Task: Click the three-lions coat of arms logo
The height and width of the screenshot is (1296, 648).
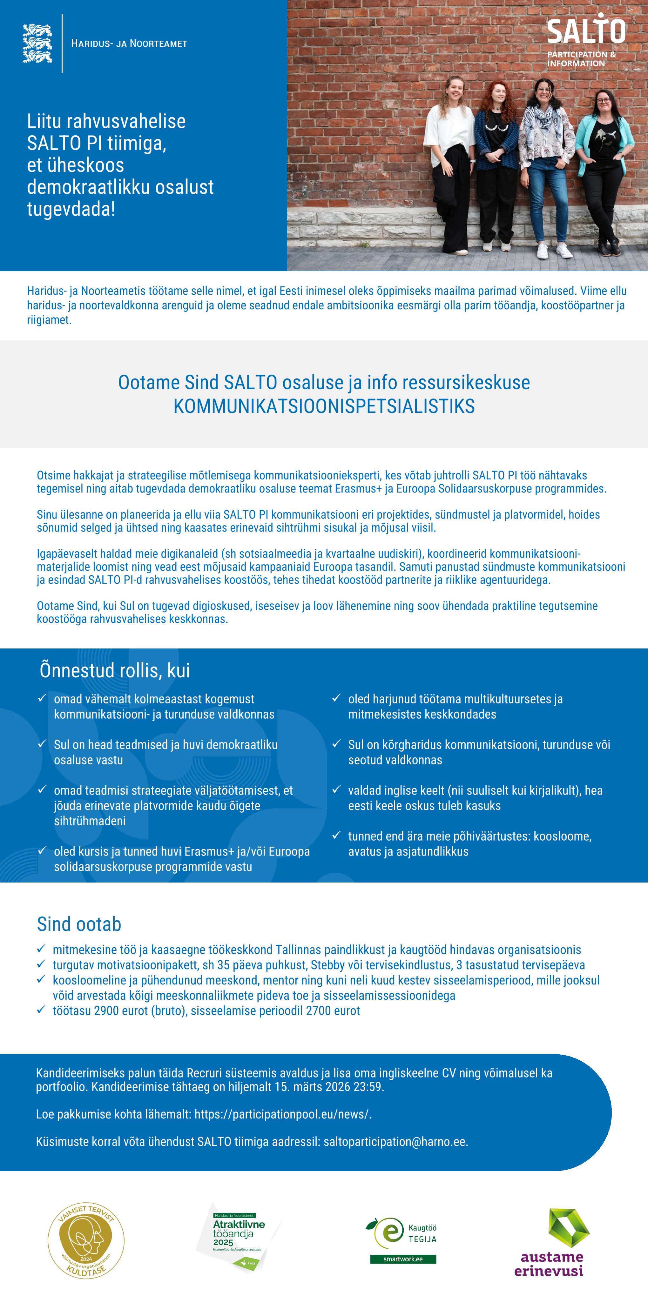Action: [37, 43]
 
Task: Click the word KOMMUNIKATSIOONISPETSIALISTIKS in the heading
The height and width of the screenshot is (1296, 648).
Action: [324, 406]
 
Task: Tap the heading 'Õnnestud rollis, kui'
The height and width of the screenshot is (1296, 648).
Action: [115, 671]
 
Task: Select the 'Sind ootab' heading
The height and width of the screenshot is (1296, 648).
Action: [79, 924]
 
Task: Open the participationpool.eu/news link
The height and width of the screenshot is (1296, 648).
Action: [282, 1114]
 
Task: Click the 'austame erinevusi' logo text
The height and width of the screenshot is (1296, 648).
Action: [551, 1264]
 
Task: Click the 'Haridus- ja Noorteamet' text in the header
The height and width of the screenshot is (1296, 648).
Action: [129, 44]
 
